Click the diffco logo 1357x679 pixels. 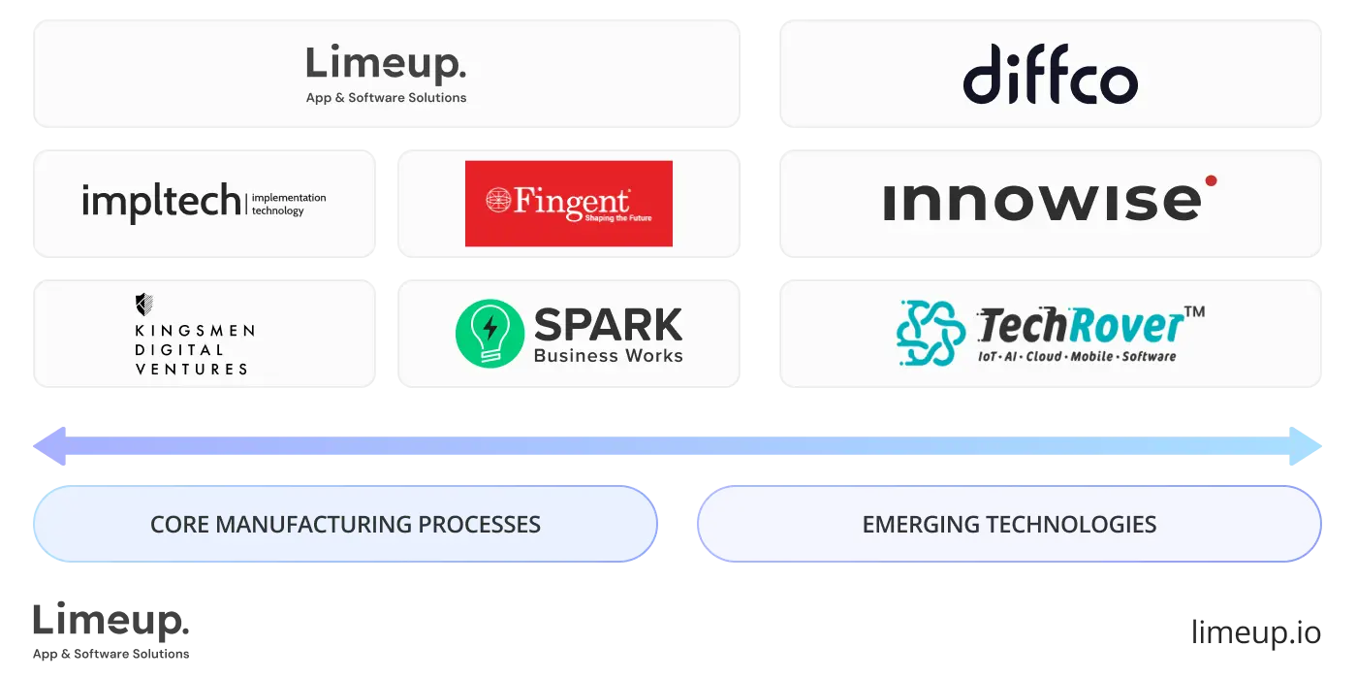point(1050,75)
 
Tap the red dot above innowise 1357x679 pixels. point(1211,180)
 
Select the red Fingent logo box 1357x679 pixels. point(568,204)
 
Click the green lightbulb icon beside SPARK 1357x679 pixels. point(489,333)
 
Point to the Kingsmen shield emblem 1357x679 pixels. point(144,305)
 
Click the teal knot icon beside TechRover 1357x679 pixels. point(931,333)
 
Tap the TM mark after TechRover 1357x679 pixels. point(1195,312)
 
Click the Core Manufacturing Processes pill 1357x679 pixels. point(345,525)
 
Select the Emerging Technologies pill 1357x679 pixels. point(1009,525)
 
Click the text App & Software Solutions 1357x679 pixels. point(386,98)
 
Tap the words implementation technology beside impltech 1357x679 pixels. point(289,204)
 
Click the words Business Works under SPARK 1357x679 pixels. point(608,356)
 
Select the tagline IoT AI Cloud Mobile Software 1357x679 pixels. point(1076,356)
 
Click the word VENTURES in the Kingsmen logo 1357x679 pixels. point(192,369)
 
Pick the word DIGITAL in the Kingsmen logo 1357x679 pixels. point(179,349)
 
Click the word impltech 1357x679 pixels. point(161,202)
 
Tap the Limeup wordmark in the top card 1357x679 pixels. point(386,66)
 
